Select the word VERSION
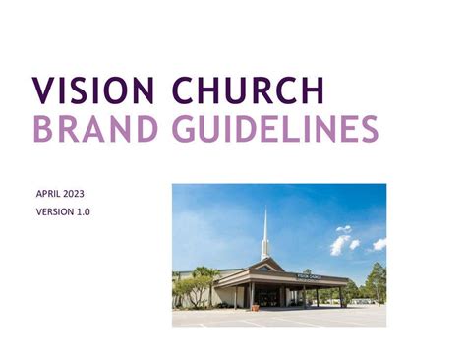(56, 212)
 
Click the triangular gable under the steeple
(264, 266)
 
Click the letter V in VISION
(43, 90)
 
